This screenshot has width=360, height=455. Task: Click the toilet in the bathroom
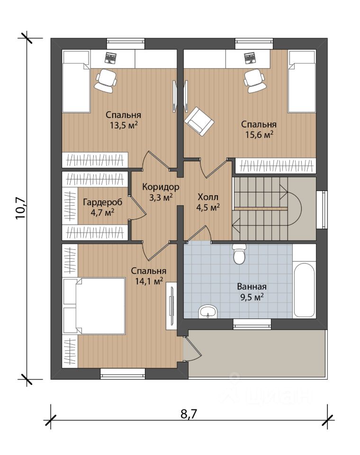tap(239, 254)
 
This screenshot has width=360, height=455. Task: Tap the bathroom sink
tap(207, 312)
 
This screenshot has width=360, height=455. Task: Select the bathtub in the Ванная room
tap(304, 290)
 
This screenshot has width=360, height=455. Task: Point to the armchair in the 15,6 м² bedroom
tap(199, 121)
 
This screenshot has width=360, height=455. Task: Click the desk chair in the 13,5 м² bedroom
tap(106, 81)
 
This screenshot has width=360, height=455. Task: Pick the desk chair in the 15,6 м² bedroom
tap(254, 81)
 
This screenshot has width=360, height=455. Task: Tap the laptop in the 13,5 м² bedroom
tap(110, 57)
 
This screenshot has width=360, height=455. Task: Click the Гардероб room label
tap(103, 202)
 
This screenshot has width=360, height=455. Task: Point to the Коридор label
tap(161, 187)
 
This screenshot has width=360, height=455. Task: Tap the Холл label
tap(207, 197)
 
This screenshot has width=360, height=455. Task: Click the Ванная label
tap(252, 287)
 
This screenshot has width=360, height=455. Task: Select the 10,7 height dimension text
tap(21, 209)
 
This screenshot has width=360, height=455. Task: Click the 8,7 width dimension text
tap(189, 414)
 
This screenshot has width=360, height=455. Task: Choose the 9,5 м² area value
tap(252, 297)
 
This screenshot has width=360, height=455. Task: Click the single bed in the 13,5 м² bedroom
tap(76, 82)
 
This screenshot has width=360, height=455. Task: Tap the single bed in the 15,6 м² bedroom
tap(302, 82)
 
